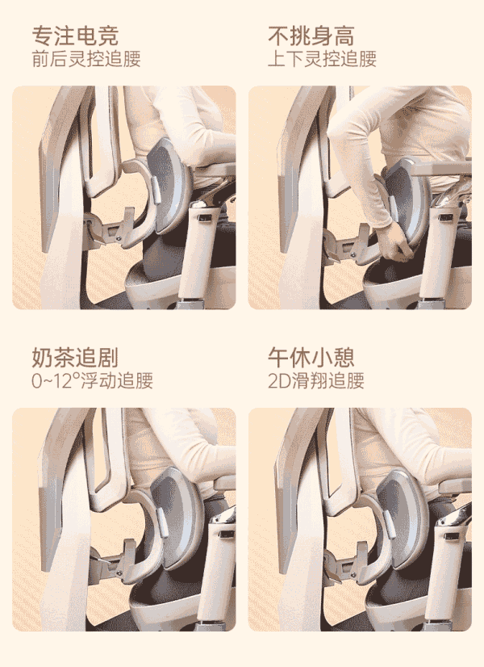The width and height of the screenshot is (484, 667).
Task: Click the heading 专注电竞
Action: point(75,36)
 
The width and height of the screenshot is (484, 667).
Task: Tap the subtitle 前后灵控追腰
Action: point(86,59)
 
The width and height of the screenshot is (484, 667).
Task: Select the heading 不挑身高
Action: point(311,36)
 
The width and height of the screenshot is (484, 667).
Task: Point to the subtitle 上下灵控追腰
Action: point(322,59)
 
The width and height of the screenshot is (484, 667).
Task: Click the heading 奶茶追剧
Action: point(75,357)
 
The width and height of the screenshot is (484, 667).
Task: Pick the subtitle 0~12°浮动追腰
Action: point(92,380)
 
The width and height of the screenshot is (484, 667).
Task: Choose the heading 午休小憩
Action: point(311,357)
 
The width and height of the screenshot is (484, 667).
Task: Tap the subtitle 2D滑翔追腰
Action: point(316,380)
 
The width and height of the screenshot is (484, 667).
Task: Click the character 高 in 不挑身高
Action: point(344,36)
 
